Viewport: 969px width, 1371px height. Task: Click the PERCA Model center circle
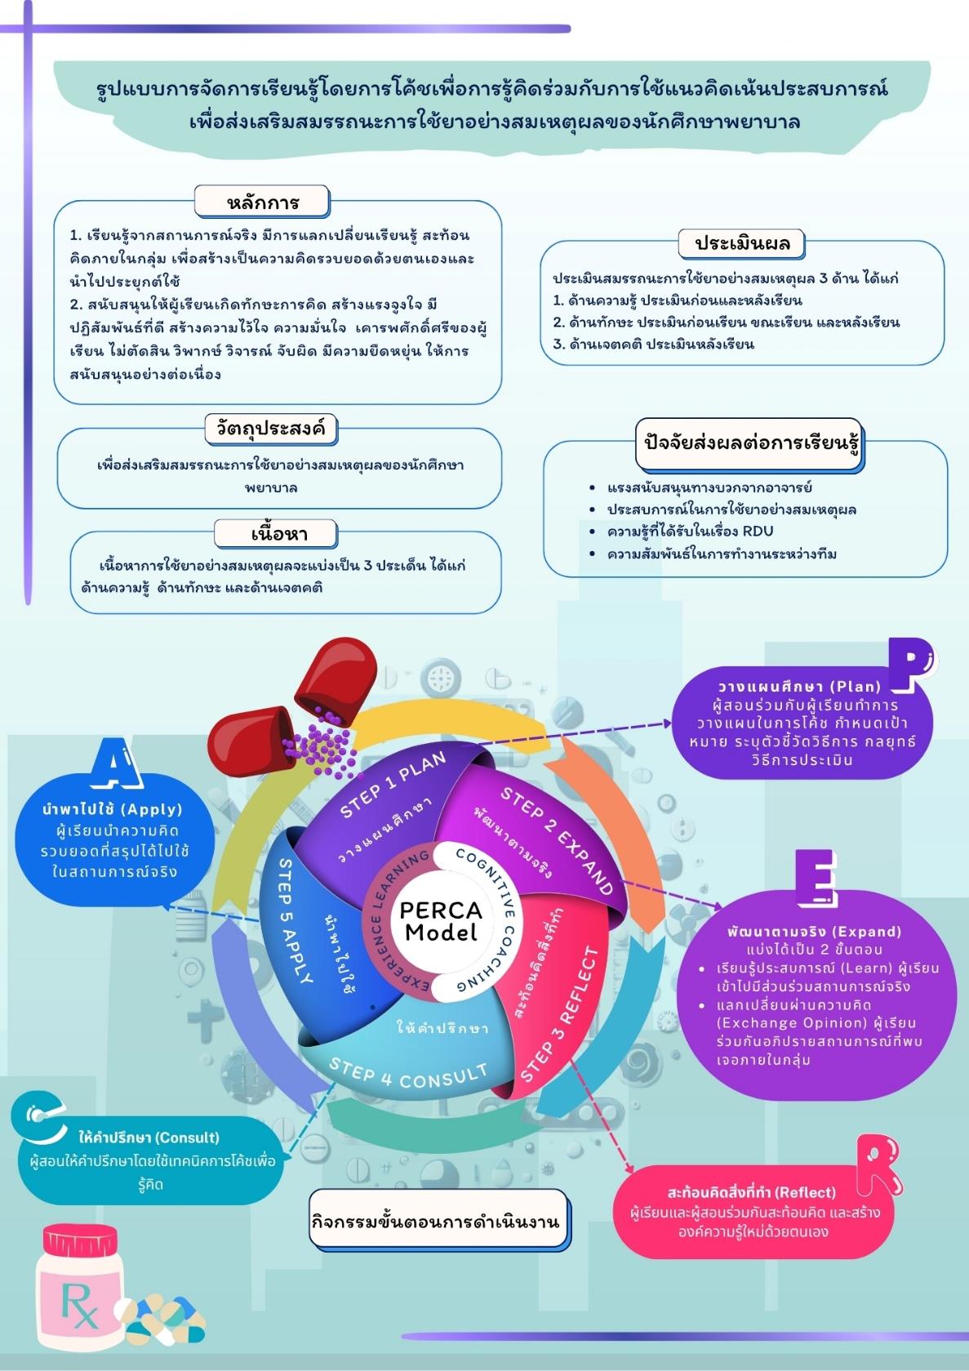click(x=441, y=920)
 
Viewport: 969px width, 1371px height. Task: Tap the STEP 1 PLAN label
click(x=393, y=784)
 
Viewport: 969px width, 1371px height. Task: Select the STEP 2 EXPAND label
click(x=556, y=841)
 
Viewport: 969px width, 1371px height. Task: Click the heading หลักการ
click(x=262, y=202)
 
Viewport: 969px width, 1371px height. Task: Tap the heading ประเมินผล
click(x=742, y=243)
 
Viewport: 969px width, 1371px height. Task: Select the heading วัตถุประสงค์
click(x=270, y=428)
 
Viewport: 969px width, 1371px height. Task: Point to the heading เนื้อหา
click(x=278, y=534)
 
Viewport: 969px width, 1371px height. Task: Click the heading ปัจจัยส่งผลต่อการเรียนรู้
click(x=749, y=446)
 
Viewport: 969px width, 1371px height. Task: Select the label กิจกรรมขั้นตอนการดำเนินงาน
click(x=439, y=1222)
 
